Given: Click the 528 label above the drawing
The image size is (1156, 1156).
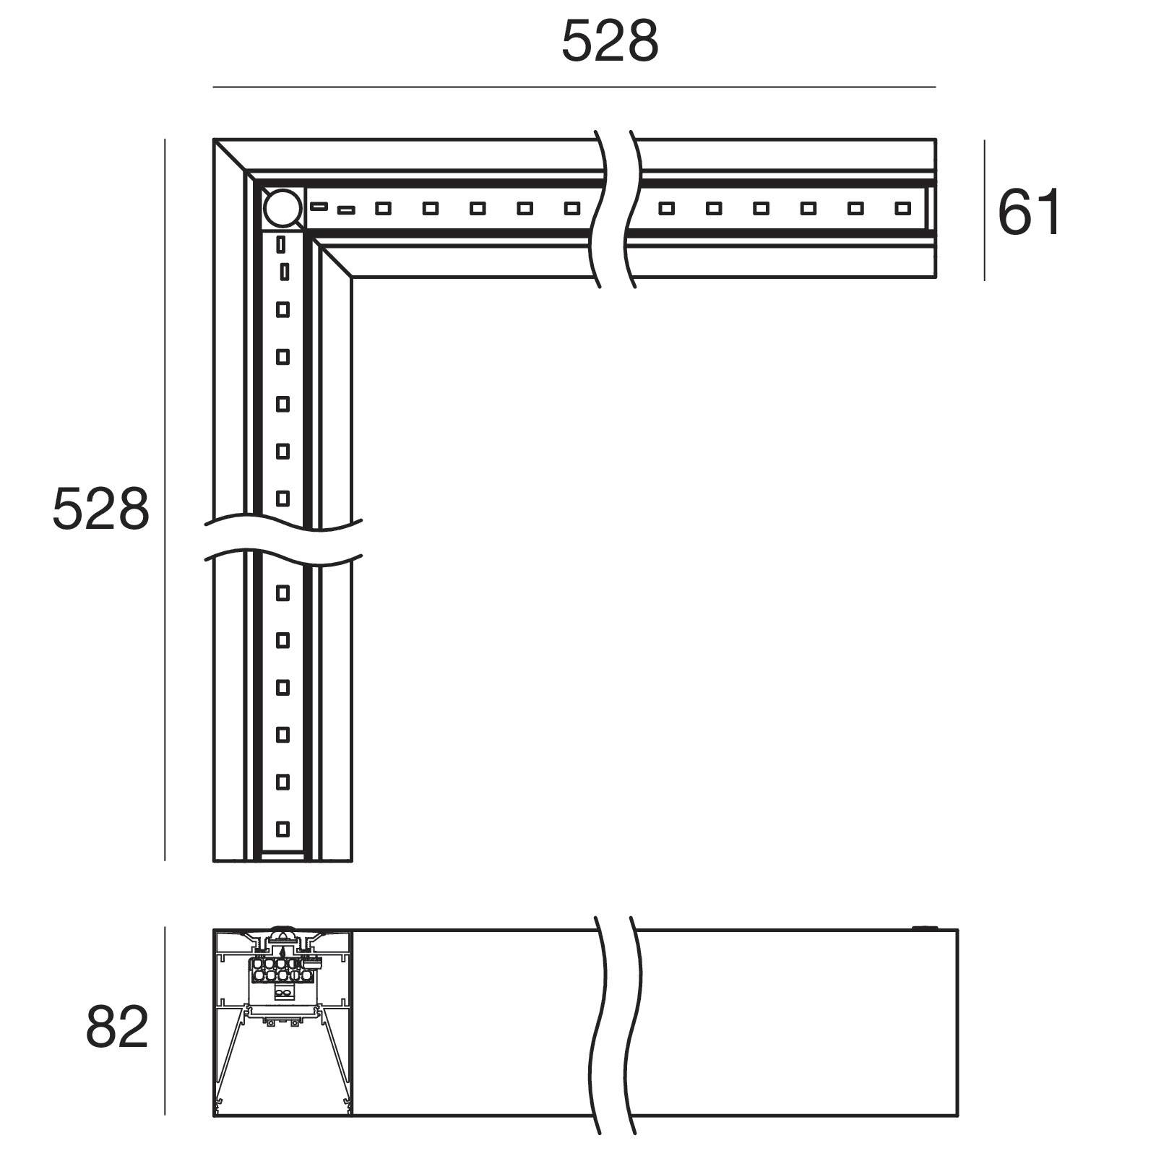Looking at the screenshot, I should tap(610, 42).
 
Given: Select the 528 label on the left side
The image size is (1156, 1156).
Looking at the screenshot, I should tap(100, 509).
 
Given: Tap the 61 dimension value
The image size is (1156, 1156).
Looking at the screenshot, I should tap(1029, 212).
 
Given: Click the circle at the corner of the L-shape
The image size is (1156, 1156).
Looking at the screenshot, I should tap(282, 208).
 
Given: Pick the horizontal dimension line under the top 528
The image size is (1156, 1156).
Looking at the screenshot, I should tap(574, 87).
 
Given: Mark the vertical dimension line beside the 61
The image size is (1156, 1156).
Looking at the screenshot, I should tap(985, 210).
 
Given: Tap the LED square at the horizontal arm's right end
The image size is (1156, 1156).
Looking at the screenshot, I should tap(902, 209).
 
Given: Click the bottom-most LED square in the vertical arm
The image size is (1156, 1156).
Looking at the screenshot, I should tap(283, 829).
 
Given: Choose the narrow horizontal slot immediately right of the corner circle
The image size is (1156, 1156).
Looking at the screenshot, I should tap(319, 207).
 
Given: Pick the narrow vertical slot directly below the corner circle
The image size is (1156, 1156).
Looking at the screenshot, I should tap(281, 244).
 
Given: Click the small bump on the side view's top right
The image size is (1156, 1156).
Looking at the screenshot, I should tap(923, 927).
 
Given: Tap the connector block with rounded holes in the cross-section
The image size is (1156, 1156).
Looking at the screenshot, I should tap(281, 970).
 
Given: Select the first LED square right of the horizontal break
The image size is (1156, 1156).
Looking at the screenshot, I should tap(666, 209).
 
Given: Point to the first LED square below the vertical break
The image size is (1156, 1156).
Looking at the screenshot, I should tap(283, 593).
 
